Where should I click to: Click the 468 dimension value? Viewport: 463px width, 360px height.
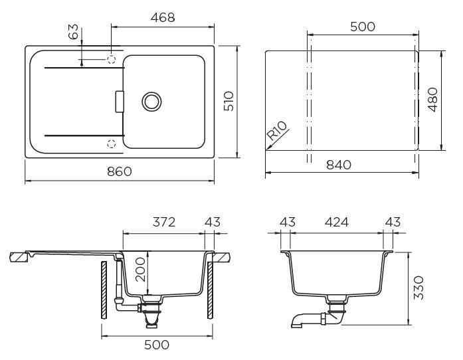162,18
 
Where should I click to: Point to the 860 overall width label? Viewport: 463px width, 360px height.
120,171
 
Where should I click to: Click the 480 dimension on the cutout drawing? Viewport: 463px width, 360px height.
433,100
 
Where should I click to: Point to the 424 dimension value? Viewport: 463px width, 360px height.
337,223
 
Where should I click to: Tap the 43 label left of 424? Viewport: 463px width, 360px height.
287,223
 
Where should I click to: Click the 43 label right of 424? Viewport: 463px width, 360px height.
393,223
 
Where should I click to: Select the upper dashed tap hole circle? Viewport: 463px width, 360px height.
112,59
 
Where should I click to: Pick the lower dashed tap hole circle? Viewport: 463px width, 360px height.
112,142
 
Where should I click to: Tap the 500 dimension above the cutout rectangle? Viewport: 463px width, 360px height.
362,27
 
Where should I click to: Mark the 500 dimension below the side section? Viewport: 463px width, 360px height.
156,345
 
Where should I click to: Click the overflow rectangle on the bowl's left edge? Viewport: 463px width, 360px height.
120,101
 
